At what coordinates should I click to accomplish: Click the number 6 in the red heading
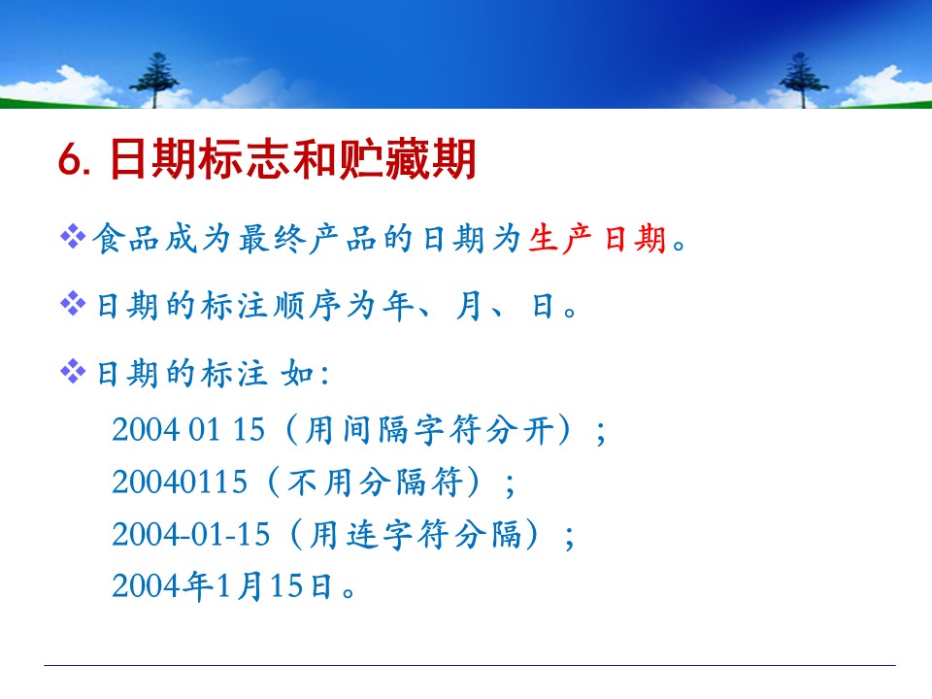[70, 160]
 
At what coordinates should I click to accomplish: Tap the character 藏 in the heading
[407, 158]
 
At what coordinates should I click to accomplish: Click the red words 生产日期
[596, 239]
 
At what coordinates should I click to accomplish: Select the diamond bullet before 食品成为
[73, 236]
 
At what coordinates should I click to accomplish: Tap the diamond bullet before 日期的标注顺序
[73, 304]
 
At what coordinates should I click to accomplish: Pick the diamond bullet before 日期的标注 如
[73, 372]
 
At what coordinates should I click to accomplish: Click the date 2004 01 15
[188, 430]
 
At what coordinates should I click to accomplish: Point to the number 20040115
[180, 483]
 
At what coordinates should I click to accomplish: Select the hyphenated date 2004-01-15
[191, 534]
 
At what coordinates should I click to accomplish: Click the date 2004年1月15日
[221, 586]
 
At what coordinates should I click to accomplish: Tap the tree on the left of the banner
[154, 80]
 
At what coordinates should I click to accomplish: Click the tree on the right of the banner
[803, 80]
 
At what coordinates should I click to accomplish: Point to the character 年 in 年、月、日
[397, 306]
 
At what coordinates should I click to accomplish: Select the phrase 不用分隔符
[375, 483]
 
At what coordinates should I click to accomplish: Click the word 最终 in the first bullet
[273, 239]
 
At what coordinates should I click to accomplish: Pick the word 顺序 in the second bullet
[307, 306]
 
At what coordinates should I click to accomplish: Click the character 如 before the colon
[297, 374]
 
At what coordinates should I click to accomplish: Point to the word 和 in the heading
[315, 158]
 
